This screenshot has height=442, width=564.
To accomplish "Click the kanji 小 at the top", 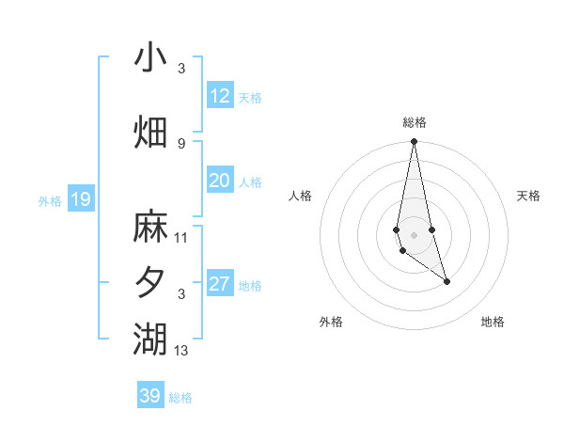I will pos(150,57).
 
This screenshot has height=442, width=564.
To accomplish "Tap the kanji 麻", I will pos(150,227).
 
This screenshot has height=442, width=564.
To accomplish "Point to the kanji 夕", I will pos(150,283).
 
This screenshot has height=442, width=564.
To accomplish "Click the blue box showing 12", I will pos(219,96).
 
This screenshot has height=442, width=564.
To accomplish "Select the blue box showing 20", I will pos(219,182).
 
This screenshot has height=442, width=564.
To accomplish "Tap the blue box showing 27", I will pos(219,285).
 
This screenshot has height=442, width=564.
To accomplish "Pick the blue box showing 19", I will pos(80,199).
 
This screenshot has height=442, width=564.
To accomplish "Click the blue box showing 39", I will pos(149,396).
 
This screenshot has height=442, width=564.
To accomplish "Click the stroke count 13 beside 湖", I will pos(181,351).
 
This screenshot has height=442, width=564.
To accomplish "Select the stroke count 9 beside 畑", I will pos(181,143).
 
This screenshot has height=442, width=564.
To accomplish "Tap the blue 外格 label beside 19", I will pos(50,200).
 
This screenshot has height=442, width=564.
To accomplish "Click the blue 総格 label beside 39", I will pos(180,397).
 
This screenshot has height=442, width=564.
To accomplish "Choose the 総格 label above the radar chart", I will pos(415,122).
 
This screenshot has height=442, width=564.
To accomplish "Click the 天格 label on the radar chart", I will pos(529,196).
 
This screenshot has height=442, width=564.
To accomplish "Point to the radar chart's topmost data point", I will pos(414,142).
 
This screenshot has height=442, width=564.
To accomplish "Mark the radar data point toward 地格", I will pos(446,281).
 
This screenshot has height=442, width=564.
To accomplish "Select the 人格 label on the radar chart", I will pos(300,196).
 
